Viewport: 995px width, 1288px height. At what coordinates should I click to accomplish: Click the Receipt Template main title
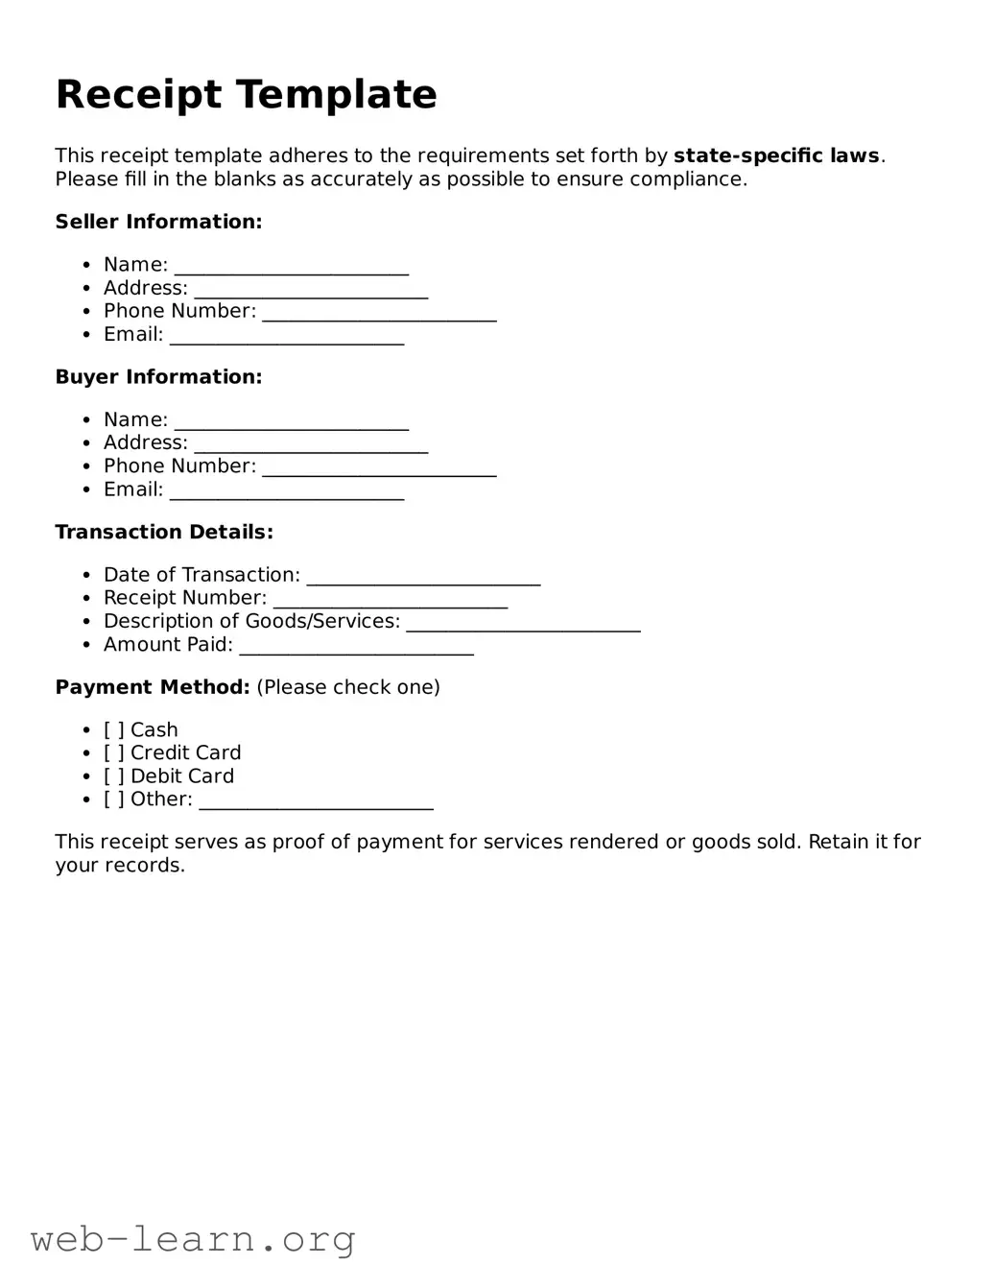246,95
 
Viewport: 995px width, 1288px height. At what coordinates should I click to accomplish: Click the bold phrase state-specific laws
776,155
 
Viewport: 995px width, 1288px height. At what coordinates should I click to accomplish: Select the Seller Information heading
158,222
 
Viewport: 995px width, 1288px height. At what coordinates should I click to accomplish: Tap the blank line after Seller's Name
291,267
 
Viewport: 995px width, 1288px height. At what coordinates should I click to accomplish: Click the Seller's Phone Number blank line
379,313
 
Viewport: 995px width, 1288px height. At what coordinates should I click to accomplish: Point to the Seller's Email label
133,335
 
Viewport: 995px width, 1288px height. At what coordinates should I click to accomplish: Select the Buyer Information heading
158,377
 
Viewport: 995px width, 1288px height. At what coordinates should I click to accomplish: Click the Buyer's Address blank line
311,444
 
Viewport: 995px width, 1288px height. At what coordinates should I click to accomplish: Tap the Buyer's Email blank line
287,491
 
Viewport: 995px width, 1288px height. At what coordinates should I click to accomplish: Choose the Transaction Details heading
164,532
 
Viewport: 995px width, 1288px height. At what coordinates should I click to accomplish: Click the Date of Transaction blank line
423,577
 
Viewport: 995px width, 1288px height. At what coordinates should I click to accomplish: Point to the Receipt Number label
184,598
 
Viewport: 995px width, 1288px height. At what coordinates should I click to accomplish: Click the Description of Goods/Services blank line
523,624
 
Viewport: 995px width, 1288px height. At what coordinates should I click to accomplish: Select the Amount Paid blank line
356,647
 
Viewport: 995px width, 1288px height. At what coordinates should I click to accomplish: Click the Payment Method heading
153,687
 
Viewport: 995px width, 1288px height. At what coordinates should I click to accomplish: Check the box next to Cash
114,730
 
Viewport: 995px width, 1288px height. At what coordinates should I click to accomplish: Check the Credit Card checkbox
114,753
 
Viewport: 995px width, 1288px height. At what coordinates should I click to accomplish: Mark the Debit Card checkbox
114,776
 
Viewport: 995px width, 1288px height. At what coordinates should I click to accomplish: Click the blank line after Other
316,801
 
